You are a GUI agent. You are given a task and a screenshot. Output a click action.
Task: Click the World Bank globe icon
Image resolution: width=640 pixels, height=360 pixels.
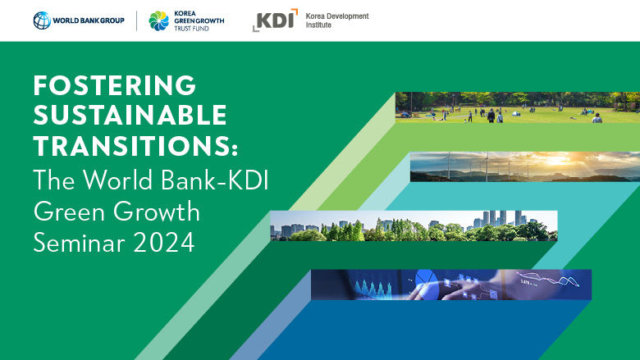[x=42, y=21]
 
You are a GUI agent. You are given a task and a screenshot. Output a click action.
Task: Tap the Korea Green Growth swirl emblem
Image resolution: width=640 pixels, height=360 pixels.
[x=158, y=21]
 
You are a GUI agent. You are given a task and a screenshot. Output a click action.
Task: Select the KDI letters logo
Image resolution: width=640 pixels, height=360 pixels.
[x=275, y=21]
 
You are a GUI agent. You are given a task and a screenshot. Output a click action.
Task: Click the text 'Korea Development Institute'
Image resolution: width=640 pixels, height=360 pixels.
[x=336, y=21]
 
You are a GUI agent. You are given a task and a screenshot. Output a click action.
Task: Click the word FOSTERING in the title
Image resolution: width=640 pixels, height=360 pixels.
[x=115, y=84]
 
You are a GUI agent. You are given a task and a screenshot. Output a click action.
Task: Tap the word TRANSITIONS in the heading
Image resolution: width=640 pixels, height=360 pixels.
[x=131, y=146]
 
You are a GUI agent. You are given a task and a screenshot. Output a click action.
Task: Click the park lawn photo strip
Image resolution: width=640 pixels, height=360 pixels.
[x=517, y=107]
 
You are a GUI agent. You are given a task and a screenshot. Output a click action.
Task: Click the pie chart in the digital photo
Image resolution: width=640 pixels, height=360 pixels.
[x=424, y=279]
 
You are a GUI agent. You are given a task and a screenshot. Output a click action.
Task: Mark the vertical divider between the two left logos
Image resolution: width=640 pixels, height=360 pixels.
[x=136, y=21]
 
